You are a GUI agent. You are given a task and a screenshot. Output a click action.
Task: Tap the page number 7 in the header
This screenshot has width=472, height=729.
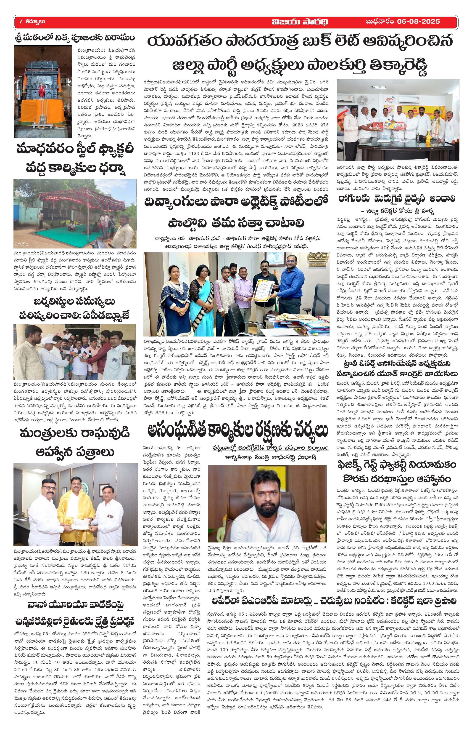coord(21,21)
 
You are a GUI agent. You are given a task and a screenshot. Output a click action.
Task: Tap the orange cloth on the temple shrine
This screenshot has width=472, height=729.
coord(43,106)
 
